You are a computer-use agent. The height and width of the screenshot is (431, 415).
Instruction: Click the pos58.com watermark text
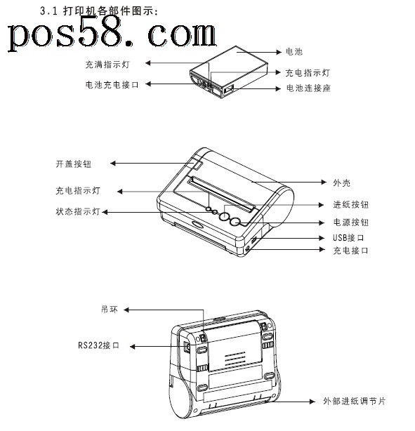pyautogui.click(x=112, y=34)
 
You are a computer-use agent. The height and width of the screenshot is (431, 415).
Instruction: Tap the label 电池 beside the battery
pyautogui.click(x=294, y=52)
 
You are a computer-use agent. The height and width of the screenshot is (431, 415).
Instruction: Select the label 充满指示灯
pyautogui.click(x=107, y=65)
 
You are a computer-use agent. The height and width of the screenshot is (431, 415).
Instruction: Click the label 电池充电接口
pyautogui.click(x=112, y=85)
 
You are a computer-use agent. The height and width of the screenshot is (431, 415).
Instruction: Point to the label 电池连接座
pyautogui.click(x=308, y=88)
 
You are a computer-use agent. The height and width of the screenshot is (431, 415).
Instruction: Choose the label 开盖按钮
pyautogui.click(x=74, y=164)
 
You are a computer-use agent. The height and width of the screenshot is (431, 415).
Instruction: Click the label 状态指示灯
pyautogui.click(x=78, y=212)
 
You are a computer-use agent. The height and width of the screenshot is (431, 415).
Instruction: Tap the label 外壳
pyautogui.click(x=341, y=183)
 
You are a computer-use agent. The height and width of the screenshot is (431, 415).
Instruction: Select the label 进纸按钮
pyautogui.click(x=350, y=205)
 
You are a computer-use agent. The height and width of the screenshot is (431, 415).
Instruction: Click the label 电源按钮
pyautogui.click(x=350, y=223)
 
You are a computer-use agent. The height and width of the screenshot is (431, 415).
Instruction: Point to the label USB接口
pyautogui.click(x=348, y=238)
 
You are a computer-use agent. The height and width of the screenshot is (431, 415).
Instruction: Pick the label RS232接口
pyautogui.click(x=99, y=345)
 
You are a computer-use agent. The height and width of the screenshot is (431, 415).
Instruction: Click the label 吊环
pyautogui.click(x=110, y=310)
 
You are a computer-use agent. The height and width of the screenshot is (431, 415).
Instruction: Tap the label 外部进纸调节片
pyautogui.click(x=354, y=402)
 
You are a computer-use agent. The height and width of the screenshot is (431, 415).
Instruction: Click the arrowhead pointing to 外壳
pyautogui.click(x=324, y=182)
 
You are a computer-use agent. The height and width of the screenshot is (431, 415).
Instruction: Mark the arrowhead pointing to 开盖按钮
pyautogui.click(x=113, y=164)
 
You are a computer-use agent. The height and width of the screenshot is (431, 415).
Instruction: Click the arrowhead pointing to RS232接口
pyautogui.click(x=132, y=347)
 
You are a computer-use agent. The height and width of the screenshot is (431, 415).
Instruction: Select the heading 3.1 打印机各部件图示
pyautogui.click(x=99, y=11)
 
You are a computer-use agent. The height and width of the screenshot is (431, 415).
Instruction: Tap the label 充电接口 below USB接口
pyautogui.click(x=350, y=251)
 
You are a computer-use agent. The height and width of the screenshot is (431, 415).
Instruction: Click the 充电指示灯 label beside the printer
pyautogui.click(x=78, y=191)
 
